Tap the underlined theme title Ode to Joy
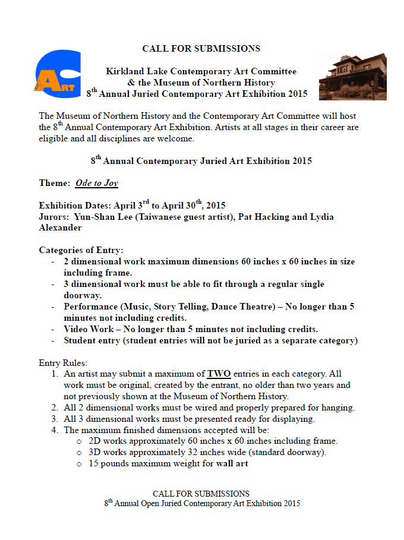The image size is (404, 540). tap(96, 183)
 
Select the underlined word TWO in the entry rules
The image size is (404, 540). tap(219, 374)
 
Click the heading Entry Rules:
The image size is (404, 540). tap(62, 362)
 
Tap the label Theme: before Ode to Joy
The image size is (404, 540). tap(55, 183)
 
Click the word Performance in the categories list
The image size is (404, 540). tap(90, 307)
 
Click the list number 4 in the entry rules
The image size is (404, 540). tap(54, 430)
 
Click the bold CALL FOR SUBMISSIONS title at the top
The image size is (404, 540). tap(201, 49)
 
